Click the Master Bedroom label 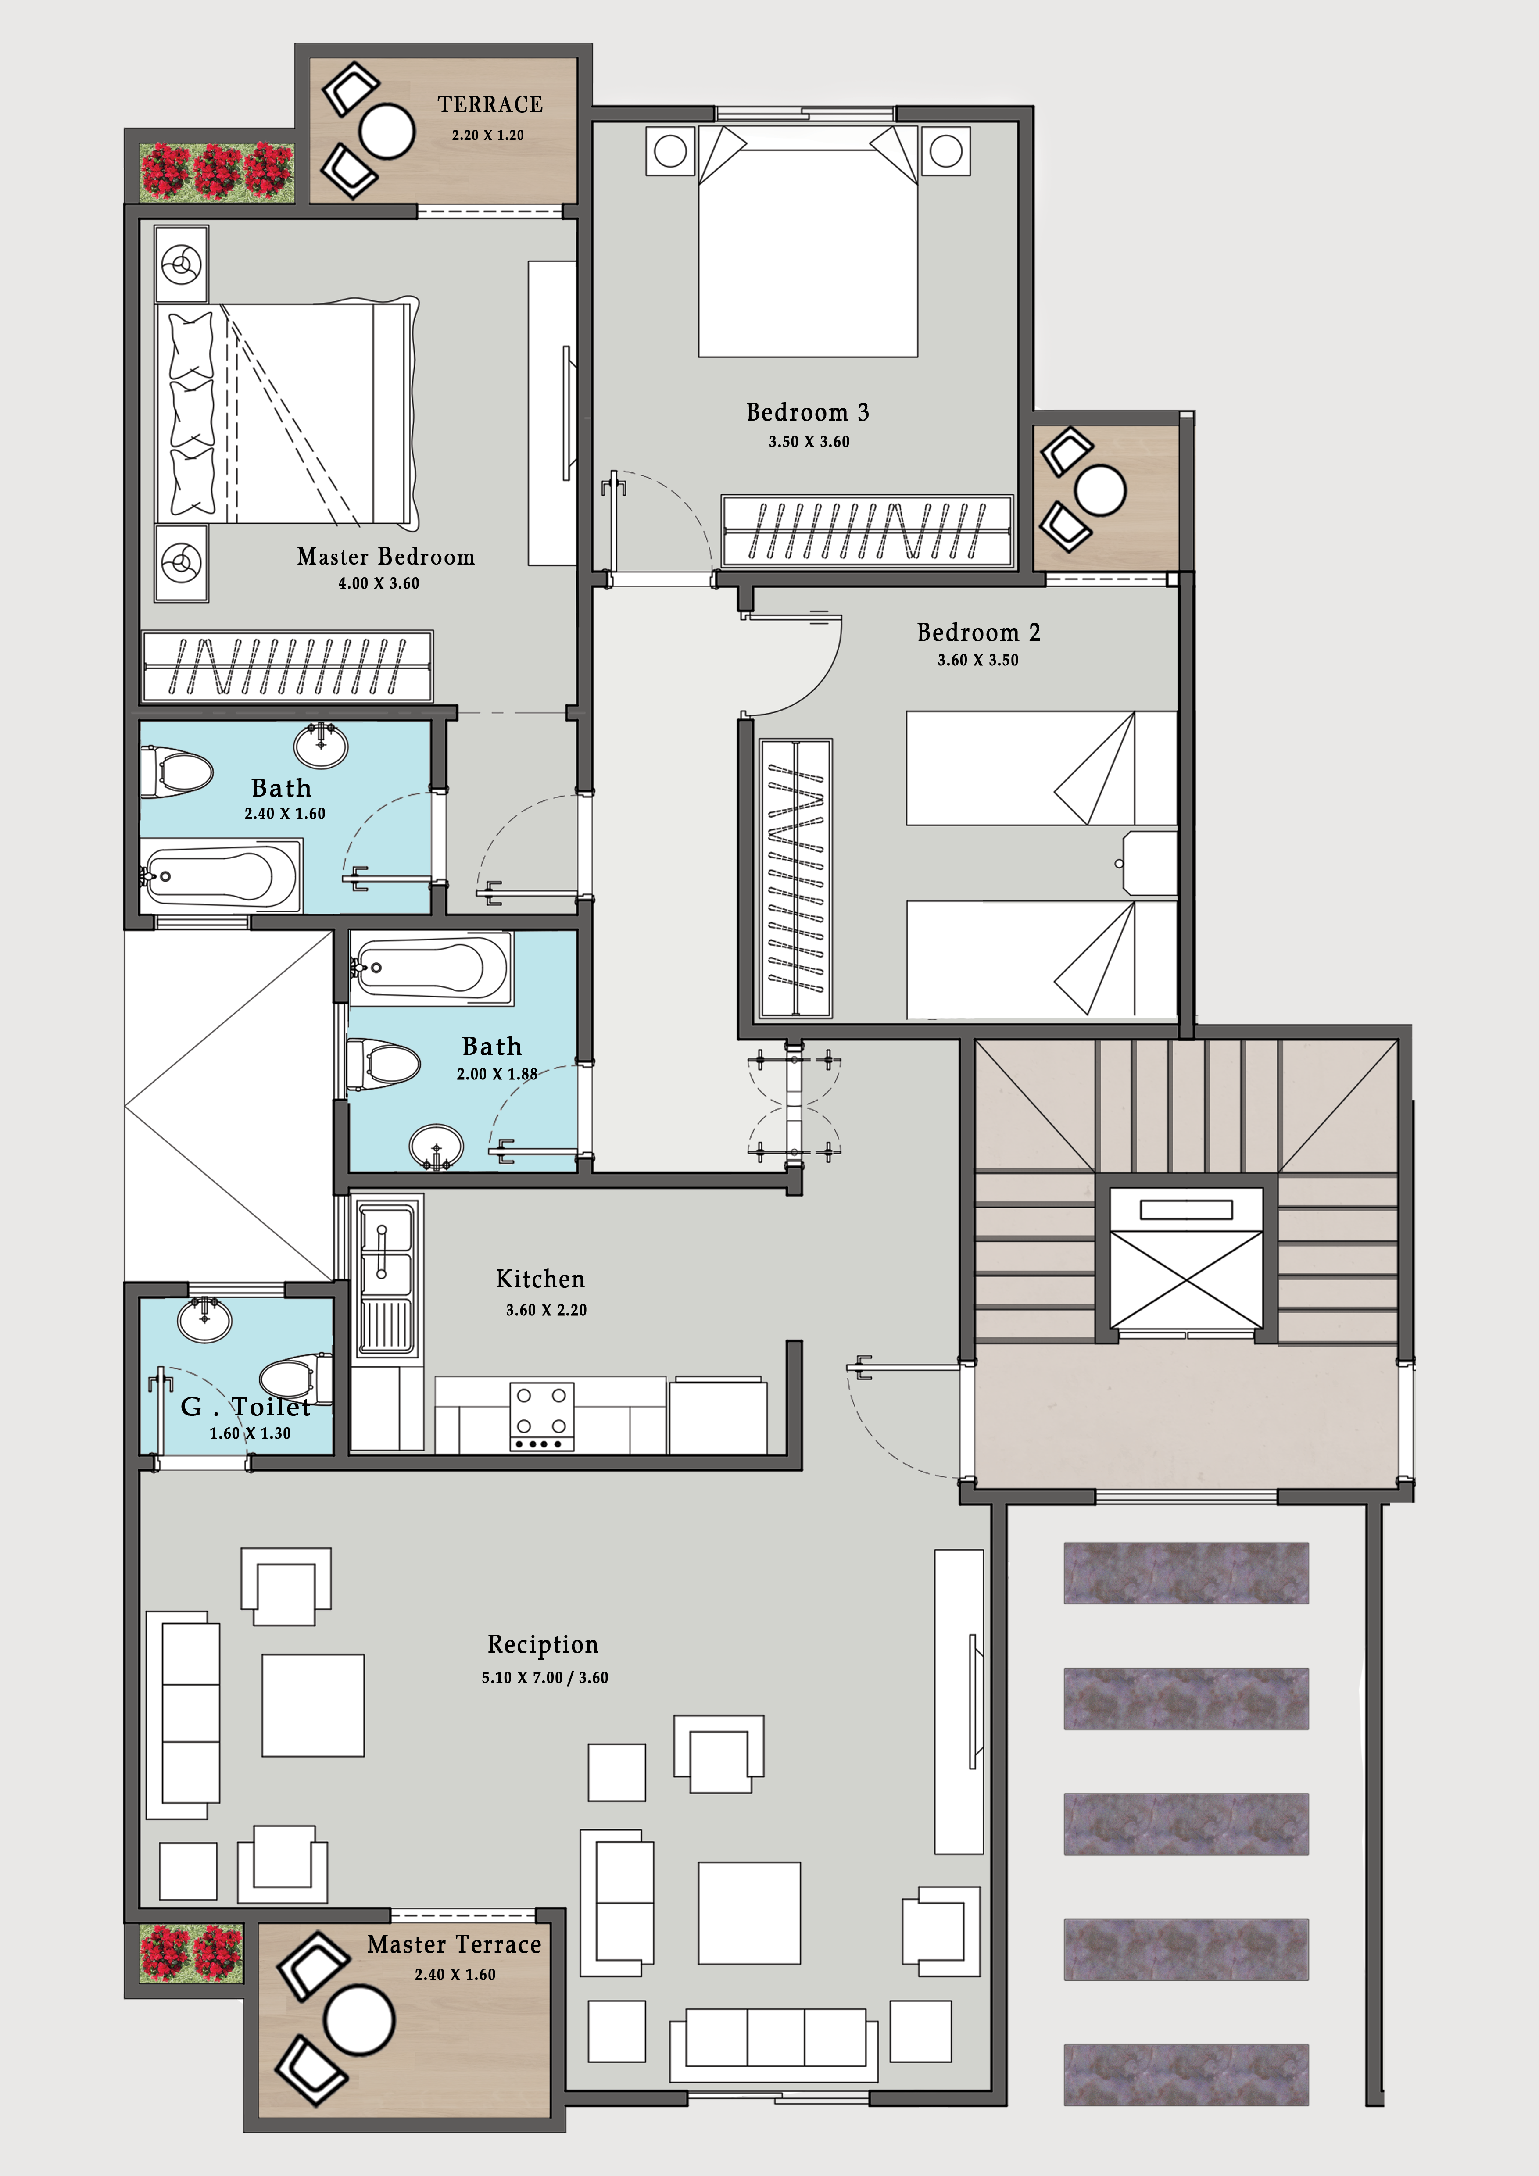(386, 556)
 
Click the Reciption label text (543, 1644)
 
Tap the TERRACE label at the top (490, 104)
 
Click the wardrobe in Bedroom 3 (867, 531)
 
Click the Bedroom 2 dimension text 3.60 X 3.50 (978, 661)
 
